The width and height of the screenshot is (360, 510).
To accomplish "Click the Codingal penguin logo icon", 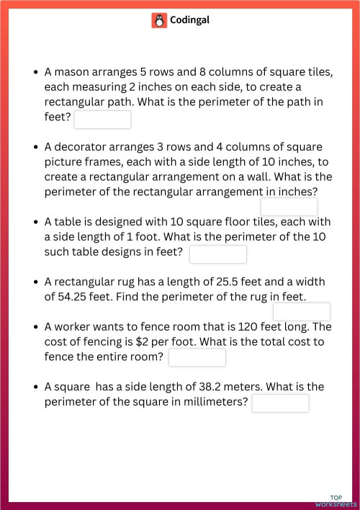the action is tap(159, 20).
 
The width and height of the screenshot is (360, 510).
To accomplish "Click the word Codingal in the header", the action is tap(190, 20).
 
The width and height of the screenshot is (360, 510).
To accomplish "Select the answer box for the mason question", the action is tap(102, 120).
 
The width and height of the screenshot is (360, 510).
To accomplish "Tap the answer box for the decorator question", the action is tap(289, 207).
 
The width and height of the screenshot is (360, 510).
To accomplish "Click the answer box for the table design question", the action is tap(218, 254).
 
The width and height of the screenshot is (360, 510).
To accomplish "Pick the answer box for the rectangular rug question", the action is tap(302, 311).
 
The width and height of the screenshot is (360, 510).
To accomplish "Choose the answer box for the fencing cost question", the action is tap(197, 357).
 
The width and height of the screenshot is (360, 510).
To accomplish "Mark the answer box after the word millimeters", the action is tap(280, 403).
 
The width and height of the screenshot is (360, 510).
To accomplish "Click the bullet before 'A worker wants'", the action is tap(36, 326).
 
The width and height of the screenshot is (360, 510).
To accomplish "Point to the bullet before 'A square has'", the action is tap(36, 387).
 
